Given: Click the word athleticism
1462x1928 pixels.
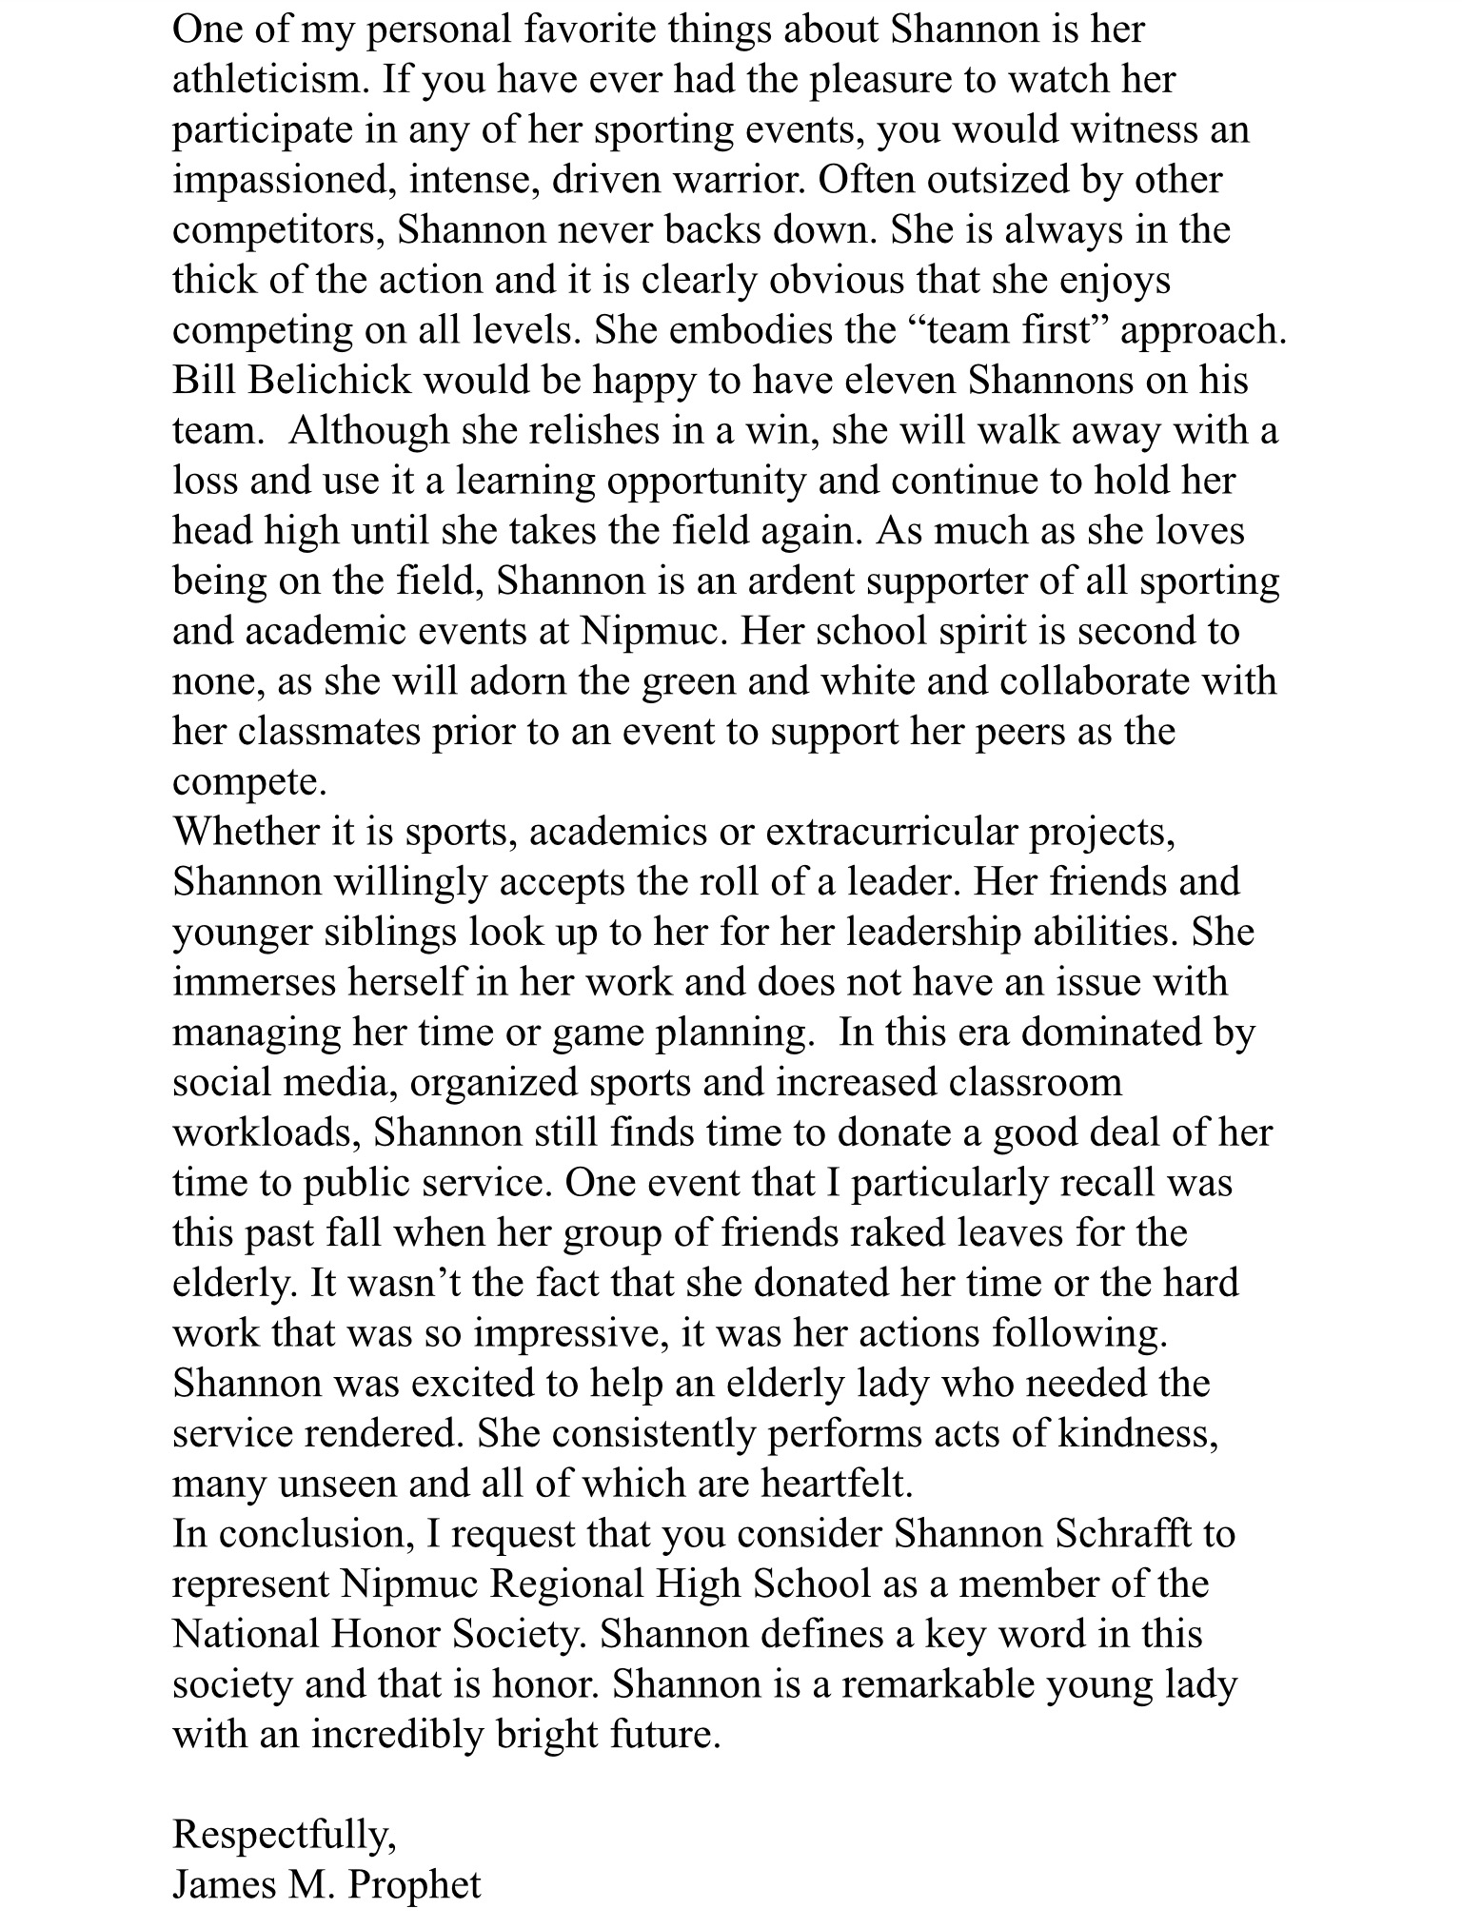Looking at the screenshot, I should [268, 79].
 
